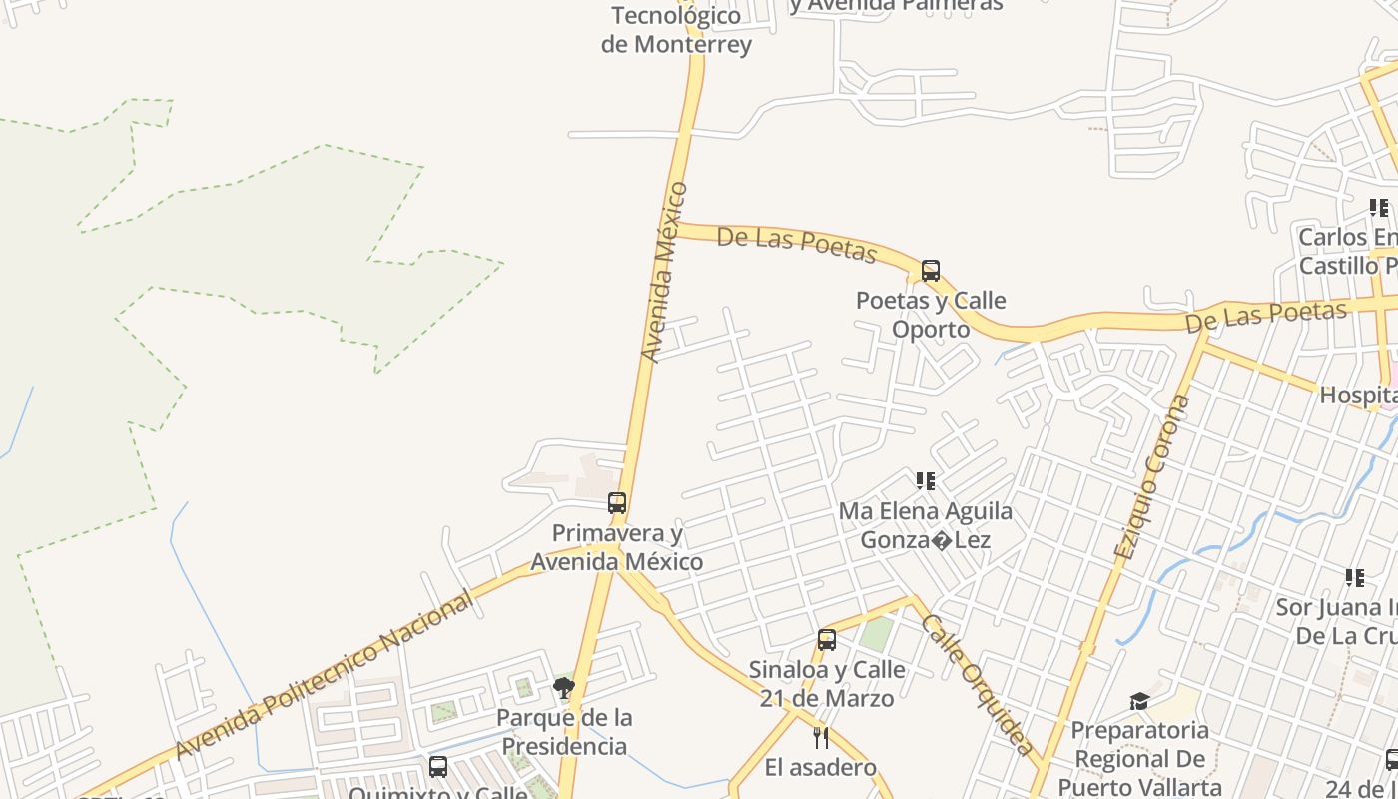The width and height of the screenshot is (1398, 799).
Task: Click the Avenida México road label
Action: pyautogui.click(x=664, y=271)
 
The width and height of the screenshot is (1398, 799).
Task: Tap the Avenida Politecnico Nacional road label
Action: pyautogui.click(x=325, y=675)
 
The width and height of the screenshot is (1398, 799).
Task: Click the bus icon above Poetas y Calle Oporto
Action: pyautogui.click(x=931, y=271)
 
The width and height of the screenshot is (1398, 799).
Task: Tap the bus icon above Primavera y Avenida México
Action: pyautogui.click(x=617, y=503)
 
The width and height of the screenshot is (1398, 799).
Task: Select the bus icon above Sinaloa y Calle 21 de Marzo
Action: pyautogui.click(x=827, y=640)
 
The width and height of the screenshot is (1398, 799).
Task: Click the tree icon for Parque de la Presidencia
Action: pyautogui.click(x=564, y=687)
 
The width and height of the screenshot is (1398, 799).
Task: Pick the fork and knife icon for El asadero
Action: pyautogui.click(x=821, y=738)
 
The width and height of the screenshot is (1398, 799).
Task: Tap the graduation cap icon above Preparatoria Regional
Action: pyautogui.click(x=1139, y=701)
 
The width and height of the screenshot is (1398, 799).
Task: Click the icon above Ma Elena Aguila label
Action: pyautogui.click(x=926, y=481)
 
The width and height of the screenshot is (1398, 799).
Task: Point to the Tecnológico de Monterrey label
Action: pyautogui.click(x=676, y=30)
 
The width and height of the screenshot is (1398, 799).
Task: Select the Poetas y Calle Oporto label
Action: pyautogui.click(x=931, y=315)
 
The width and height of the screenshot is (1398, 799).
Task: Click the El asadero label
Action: pyautogui.click(x=821, y=768)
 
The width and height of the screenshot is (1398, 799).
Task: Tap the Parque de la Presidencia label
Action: pyautogui.click(x=564, y=732)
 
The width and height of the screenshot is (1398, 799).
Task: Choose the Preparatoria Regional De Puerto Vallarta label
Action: pyautogui.click(x=1139, y=759)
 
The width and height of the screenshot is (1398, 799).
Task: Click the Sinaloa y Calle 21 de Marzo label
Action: pyautogui.click(x=827, y=684)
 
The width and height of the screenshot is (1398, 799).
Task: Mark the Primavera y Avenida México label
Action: pyautogui.click(x=617, y=547)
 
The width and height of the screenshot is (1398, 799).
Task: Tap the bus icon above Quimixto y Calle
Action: pyautogui.click(x=438, y=767)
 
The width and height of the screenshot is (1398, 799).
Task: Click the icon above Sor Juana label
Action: pyautogui.click(x=1355, y=578)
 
